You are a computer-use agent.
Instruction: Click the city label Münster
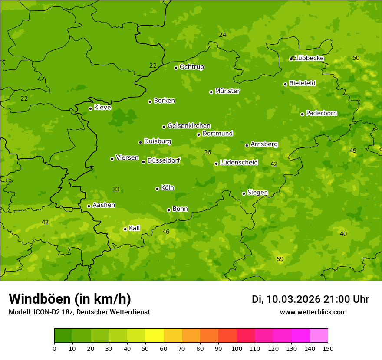point(227,91)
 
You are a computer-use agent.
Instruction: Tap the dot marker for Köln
point(157,189)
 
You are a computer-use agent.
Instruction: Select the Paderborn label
point(321,113)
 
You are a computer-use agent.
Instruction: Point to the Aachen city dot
point(89,206)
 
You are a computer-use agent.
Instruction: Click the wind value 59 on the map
point(280,259)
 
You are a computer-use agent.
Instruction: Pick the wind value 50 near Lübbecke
point(356,58)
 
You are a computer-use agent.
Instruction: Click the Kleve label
point(102,108)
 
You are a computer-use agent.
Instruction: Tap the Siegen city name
point(257,193)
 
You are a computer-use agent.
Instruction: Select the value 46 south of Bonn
point(166,232)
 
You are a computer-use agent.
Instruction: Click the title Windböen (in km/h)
point(69,299)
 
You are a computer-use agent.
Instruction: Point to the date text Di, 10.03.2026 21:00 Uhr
point(310,299)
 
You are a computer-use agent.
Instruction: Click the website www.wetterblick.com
point(313,312)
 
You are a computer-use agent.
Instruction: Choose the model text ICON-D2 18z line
point(79,312)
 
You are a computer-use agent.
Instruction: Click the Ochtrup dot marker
point(176,68)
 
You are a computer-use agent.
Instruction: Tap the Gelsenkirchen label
point(189,126)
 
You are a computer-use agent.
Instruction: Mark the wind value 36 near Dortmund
point(207,152)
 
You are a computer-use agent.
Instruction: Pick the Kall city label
point(134,228)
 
